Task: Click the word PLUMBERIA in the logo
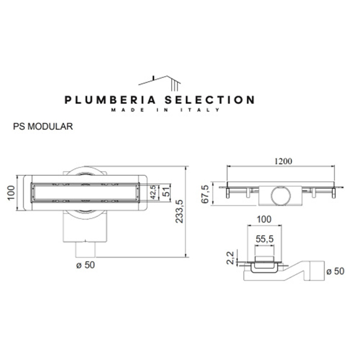click(x=106, y=100)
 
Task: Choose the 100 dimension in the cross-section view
click(x=263, y=220)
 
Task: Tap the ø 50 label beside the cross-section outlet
click(x=335, y=271)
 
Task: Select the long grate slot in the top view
click(x=84, y=193)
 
